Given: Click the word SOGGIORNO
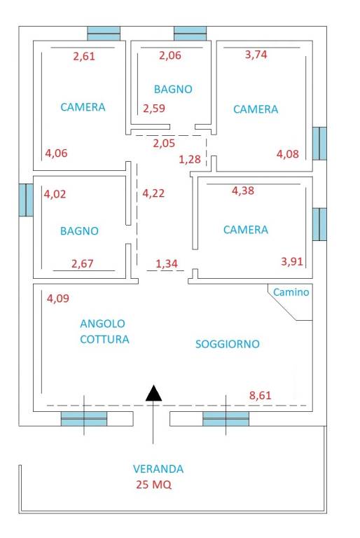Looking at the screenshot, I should pos(228,344).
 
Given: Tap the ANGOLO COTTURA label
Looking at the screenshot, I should pos(104,331).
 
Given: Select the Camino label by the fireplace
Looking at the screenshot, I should pos(291,293).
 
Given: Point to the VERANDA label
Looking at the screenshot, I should pos(158,469).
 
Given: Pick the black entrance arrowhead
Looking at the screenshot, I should pos(153,394).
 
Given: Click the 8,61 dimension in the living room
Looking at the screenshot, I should pos(261,395).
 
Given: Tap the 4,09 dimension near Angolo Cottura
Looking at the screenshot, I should pos(58,299).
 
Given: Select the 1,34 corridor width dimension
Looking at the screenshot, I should pos(167,263).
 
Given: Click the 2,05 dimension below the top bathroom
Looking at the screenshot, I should pos(165,143).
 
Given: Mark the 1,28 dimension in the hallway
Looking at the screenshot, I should pos(190,159).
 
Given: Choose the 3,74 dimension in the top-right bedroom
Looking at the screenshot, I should pos(257,56).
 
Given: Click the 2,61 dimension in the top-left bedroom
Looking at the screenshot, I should pos(84,57).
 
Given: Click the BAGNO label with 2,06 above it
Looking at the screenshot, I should pos(173,89).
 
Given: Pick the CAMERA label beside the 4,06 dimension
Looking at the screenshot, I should pos(83,107).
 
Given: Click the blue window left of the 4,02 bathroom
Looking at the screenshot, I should pos(26,200).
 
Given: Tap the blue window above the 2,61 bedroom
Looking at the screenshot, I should pos(104,33).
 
